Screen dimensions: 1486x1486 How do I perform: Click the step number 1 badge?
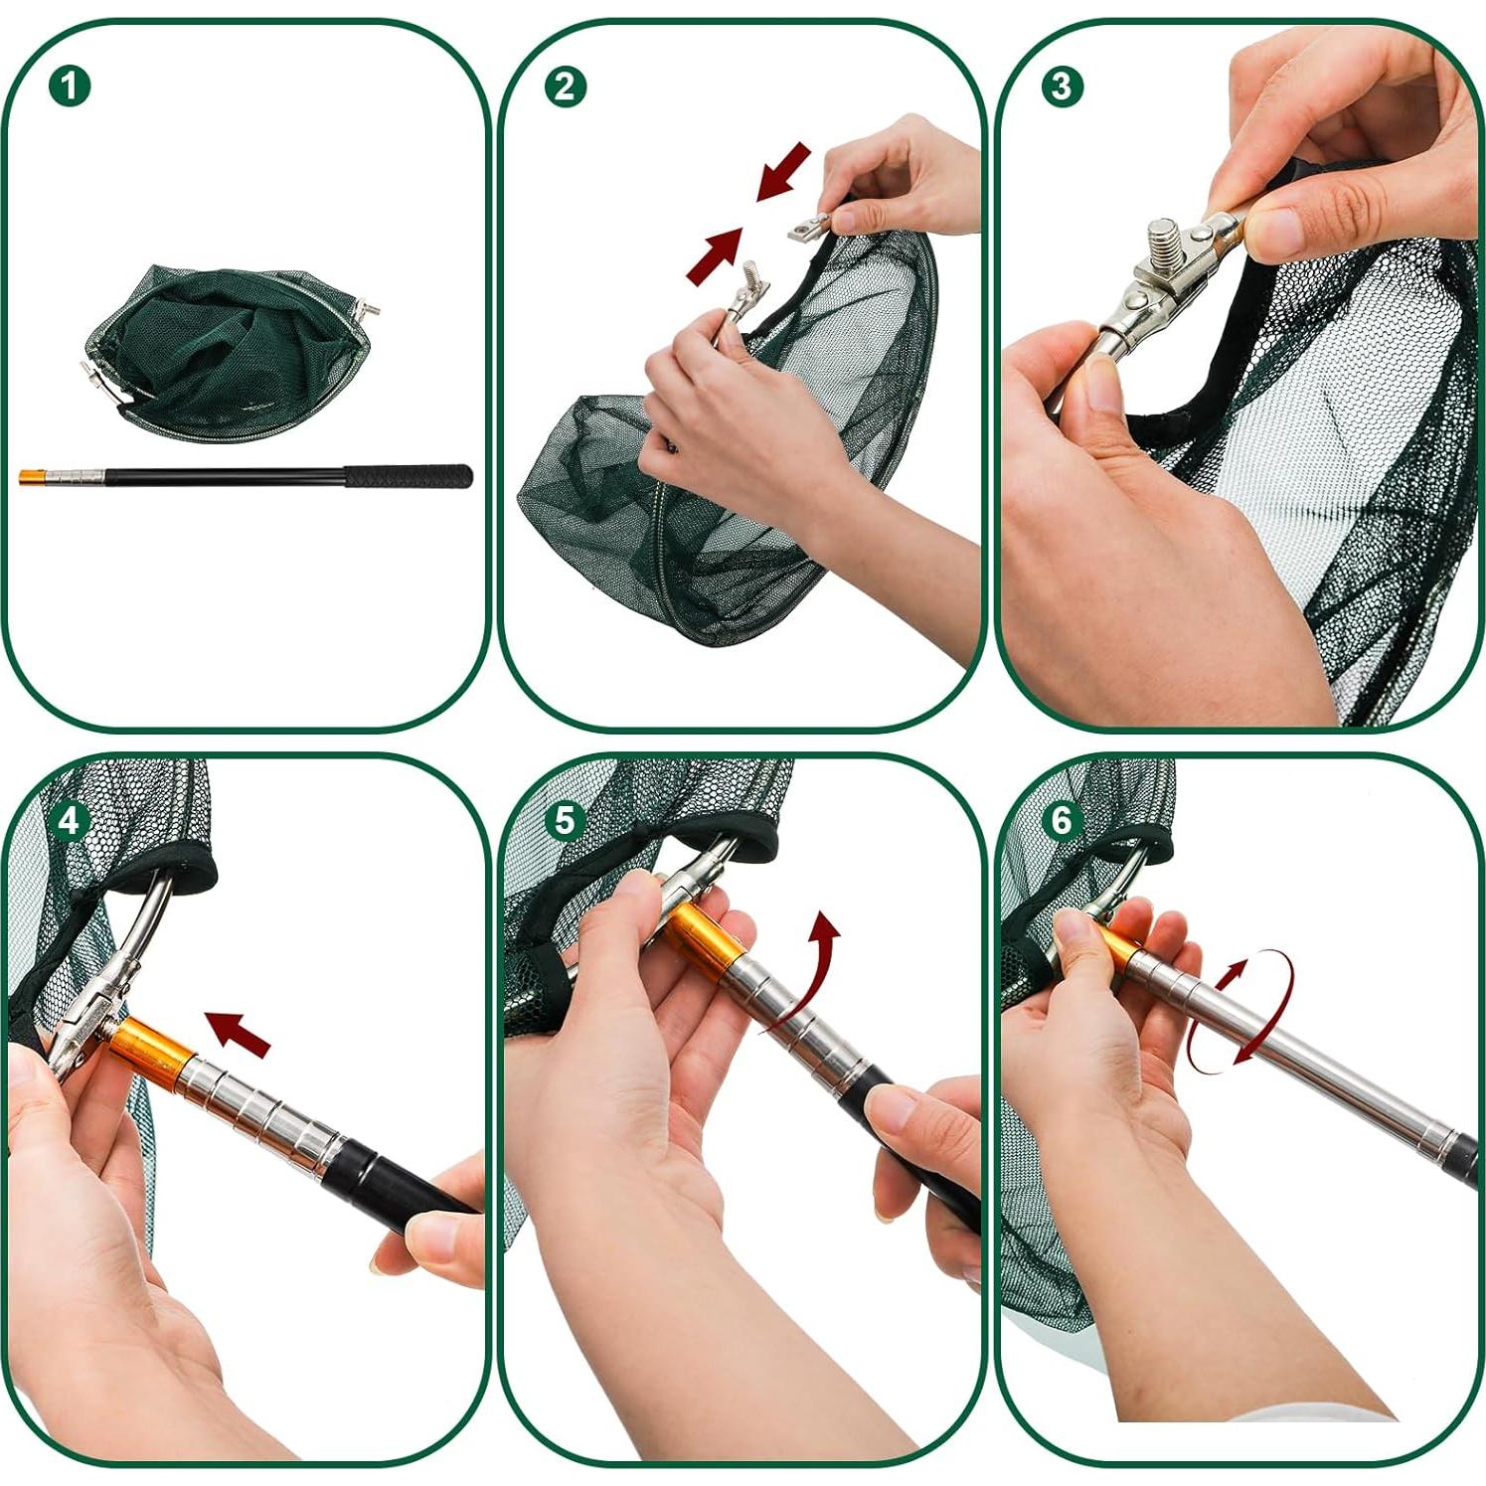pyautogui.click(x=70, y=85)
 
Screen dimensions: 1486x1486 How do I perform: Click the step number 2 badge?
pyautogui.click(x=565, y=86)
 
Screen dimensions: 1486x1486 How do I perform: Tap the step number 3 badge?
pyautogui.click(x=1062, y=86)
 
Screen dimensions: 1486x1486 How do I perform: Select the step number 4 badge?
pyautogui.click(x=70, y=821)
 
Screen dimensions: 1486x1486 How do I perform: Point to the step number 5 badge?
pyautogui.click(x=565, y=821)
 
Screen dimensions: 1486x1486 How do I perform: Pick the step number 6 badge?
pyautogui.click(x=1062, y=821)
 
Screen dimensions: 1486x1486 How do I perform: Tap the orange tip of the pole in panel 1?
pyautogui.click(x=34, y=478)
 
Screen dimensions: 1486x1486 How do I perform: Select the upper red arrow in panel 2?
pyautogui.click(x=784, y=171)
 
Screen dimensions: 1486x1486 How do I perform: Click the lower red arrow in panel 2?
pyautogui.click(x=715, y=256)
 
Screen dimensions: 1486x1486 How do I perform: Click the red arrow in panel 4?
pyautogui.click(x=238, y=1034)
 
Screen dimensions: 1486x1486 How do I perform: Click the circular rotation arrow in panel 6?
pyautogui.click(x=1242, y=1011)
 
